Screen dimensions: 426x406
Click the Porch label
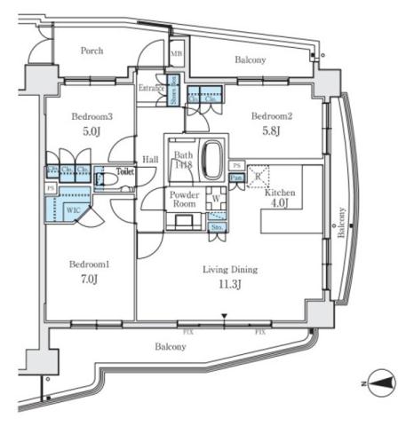pyautogui.click(x=92, y=51)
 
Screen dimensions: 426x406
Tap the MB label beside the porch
pyautogui.click(x=177, y=54)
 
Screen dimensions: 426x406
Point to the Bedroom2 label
pyautogui.click(x=270, y=116)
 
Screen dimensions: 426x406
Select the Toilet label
pyautogui.click(x=123, y=171)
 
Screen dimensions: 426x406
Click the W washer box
pyautogui.click(x=216, y=199)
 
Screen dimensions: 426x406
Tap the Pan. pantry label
pyautogui.click(x=236, y=178)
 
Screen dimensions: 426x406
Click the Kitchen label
pyautogui.click(x=280, y=193)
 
